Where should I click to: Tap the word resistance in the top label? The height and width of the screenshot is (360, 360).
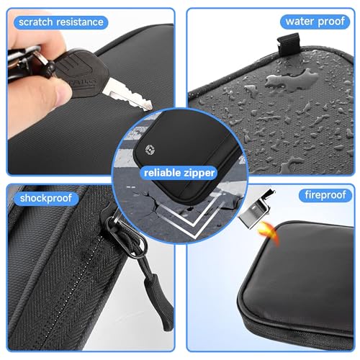(x=81, y=22)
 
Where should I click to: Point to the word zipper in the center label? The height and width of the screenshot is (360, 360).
(x=201, y=173)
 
